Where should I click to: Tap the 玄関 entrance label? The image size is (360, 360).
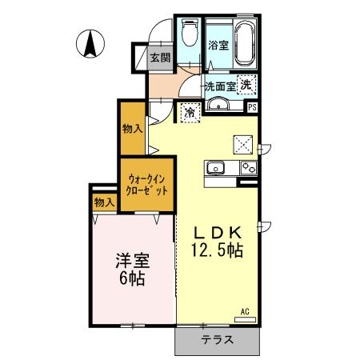pyautogui.click(x=160, y=57)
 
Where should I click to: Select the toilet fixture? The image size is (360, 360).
pyautogui.click(x=188, y=34)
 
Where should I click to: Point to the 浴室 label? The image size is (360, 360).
pyautogui.click(x=217, y=46)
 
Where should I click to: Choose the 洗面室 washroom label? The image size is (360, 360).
pyautogui.click(x=218, y=85)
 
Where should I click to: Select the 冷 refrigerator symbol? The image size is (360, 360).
pyautogui.click(x=190, y=113)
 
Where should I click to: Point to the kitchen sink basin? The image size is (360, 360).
pyautogui.click(x=216, y=168)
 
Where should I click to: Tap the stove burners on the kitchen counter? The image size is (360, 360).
pyautogui.click(x=247, y=168)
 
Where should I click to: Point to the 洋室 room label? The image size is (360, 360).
pyautogui.click(x=134, y=261)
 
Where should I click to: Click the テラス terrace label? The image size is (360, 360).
pyautogui.click(x=217, y=339)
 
